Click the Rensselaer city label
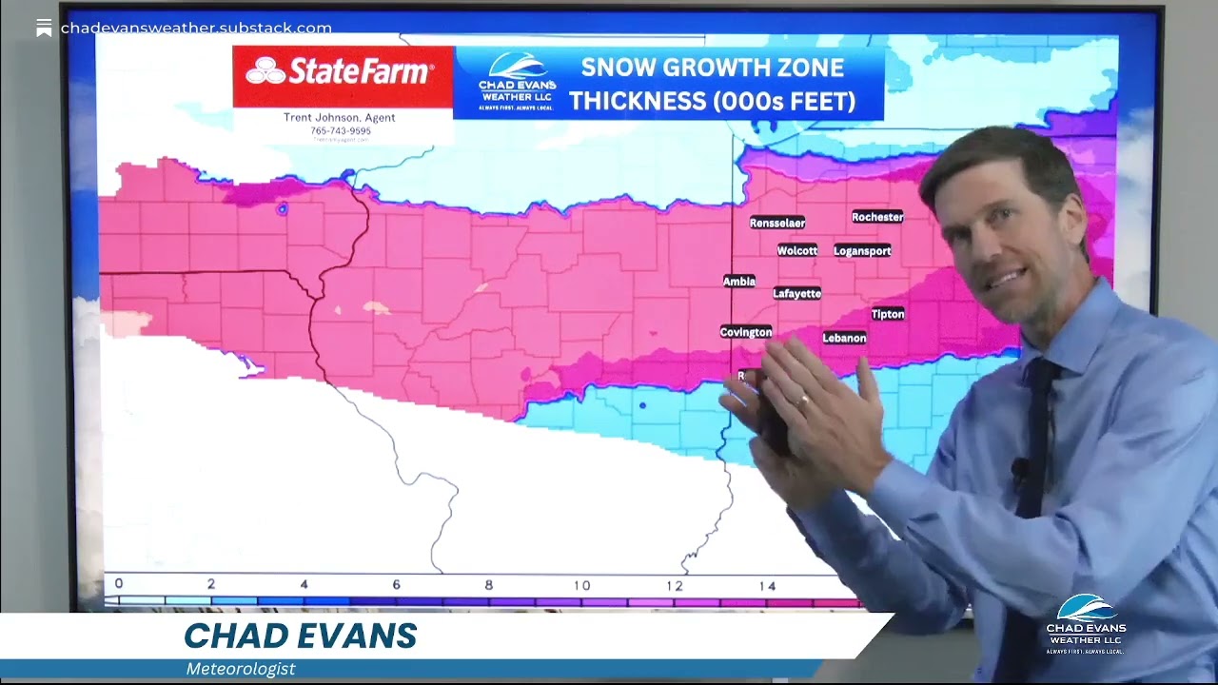click(x=777, y=223)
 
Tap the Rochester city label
click(x=877, y=217)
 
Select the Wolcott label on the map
click(x=797, y=251)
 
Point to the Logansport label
click(x=862, y=251)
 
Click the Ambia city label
click(x=739, y=282)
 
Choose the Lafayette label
click(x=797, y=294)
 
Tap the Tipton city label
click(x=888, y=314)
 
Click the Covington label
click(x=746, y=332)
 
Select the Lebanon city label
click(x=844, y=338)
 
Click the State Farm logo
click(x=341, y=71)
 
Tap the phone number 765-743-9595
click(x=341, y=131)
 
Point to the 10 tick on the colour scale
click(x=581, y=585)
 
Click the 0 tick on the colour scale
click(x=119, y=583)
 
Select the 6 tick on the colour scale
click(x=396, y=584)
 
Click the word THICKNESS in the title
click(x=647, y=101)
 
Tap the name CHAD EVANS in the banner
click(x=301, y=636)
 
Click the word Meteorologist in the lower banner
click(x=241, y=669)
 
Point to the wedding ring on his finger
click(x=804, y=401)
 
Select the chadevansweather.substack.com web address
click(x=196, y=29)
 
